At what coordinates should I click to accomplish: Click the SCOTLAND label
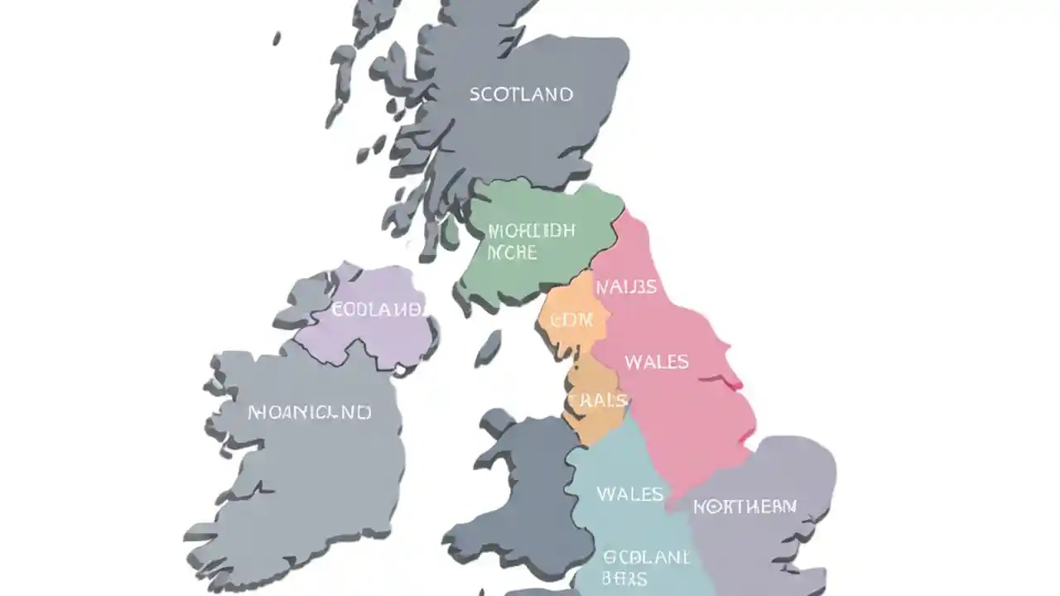pos(521,94)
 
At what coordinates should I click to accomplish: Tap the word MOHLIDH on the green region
pos(531,231)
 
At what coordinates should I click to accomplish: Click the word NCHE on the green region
pos(513,252)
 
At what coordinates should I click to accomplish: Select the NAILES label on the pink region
pos(626,287)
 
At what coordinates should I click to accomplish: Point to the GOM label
pos(571,320)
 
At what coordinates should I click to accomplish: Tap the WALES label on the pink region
pos(657,362)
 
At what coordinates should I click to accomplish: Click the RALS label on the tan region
pos(599,401)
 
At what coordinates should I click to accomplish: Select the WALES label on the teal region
pos(629,494)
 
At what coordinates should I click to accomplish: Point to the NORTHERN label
pos(744,506)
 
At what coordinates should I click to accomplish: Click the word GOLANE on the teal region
pos(646,557)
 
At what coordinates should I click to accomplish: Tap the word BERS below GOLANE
pos(626,579)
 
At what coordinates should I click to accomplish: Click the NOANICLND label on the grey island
pos(310,412)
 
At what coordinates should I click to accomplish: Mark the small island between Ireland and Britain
pos(489,346)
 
